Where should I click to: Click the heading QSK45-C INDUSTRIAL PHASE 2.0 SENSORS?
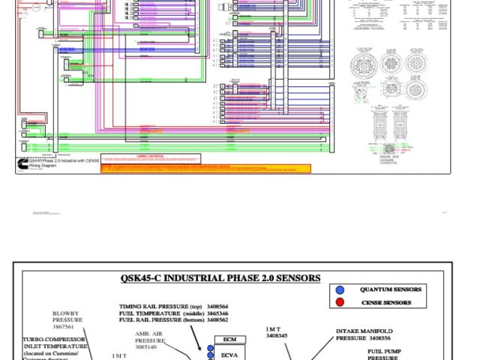(x=220, y=278)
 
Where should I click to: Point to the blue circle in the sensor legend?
(x=340, y=289)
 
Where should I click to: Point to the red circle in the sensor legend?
(x=340, y=302)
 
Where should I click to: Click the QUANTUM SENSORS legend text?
(x=390, y=289)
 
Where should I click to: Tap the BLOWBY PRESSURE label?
(x=67, y=316)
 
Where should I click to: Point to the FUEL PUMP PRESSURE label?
(x=393, y=354)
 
